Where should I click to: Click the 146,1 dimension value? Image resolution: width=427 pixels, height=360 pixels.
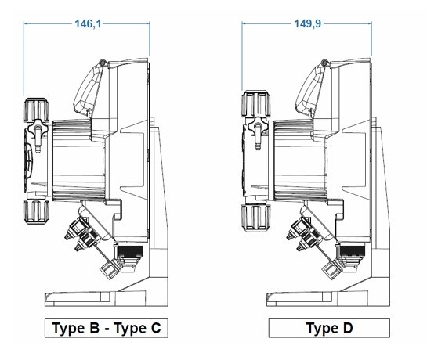[88, 24]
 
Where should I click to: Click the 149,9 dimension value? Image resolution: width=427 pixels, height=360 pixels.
[307, 24]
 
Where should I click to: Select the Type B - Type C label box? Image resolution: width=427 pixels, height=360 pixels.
[107, 328]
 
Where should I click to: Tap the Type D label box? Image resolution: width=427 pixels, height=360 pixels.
[329, 328]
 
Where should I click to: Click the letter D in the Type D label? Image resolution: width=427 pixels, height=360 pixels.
[348, 328]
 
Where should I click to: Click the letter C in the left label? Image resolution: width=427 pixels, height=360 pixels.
[156, 328]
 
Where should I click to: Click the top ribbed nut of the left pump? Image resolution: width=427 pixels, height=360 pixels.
[36, 110]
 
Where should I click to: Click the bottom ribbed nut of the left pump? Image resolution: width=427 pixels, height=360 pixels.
[36, 212]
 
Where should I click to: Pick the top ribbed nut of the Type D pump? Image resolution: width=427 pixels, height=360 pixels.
[256, 103]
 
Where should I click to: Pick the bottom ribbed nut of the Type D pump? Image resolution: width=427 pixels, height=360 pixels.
[256, 218]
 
